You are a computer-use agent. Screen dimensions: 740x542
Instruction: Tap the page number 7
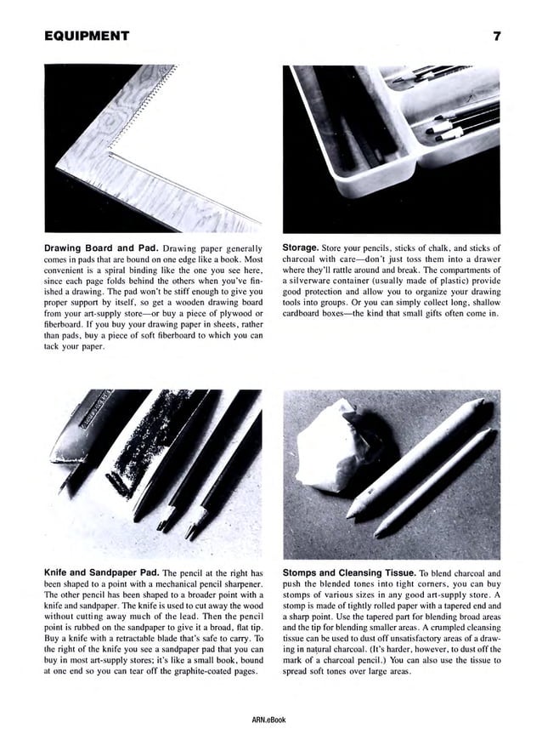tap(495, 36)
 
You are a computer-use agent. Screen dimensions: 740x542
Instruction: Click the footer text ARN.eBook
tap(270, 720)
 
